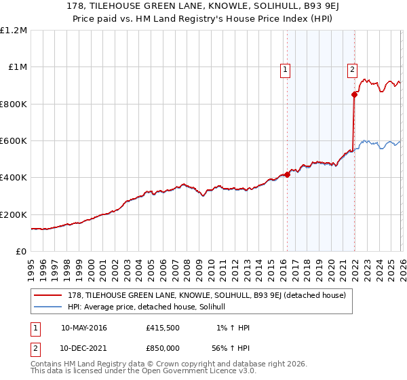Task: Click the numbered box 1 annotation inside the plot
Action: coord(285,69)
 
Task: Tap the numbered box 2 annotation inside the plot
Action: coord(353,69)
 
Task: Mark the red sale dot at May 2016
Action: coord(287,174)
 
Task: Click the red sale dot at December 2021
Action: coord(354,95)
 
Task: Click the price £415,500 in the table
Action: coord(163,328)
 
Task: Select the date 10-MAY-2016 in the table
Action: coord(84,328)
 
